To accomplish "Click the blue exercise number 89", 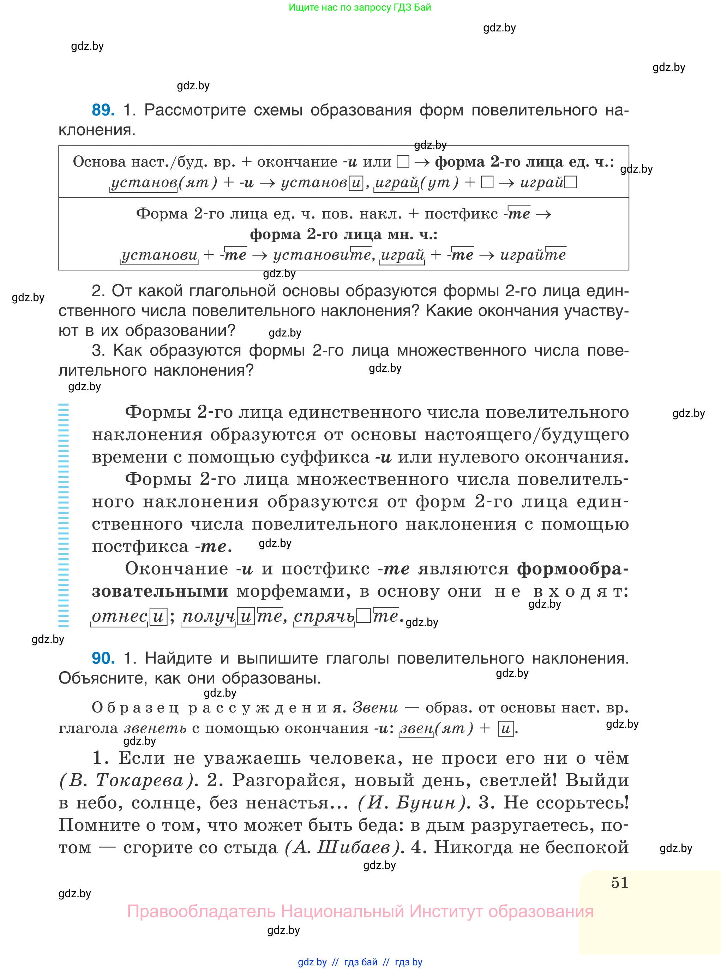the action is tap(103, 110).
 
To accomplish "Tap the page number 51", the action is tap(619, 882).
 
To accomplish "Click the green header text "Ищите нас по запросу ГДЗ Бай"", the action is tap(360, 7).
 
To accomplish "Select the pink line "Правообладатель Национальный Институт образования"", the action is tap(360, 912).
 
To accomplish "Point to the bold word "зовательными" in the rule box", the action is tap(160, 591).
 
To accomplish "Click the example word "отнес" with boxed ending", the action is tap(119, 616).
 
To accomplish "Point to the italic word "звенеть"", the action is tap(155, 728).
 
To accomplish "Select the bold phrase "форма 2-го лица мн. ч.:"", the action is tap(343, 234).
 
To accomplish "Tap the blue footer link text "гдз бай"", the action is tap(361, 962).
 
